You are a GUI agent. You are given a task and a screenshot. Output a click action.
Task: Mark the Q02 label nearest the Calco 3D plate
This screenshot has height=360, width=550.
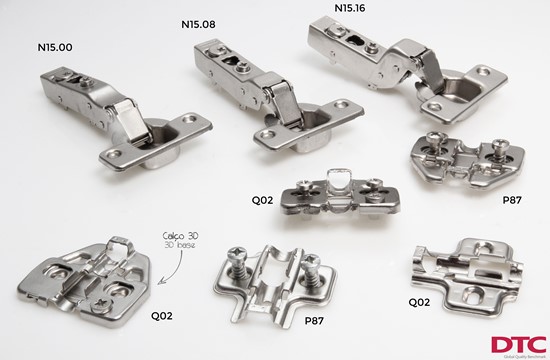(161, 316)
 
